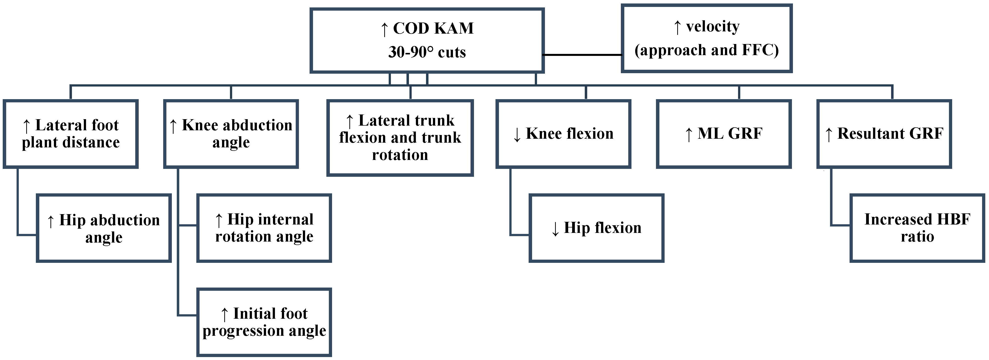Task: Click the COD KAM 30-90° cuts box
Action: point(427,40)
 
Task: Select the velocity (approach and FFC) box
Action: point(706,38)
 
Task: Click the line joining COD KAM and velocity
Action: point(583,55)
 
